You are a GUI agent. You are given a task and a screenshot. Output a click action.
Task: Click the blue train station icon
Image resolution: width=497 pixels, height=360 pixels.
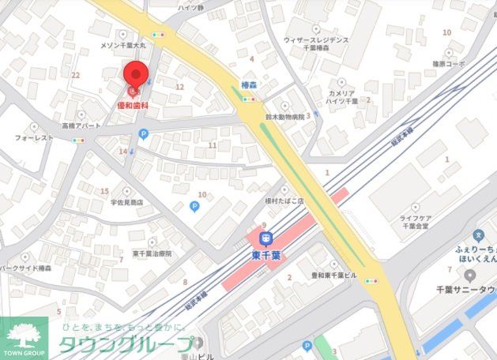pyautogui.click(x=267, y=236)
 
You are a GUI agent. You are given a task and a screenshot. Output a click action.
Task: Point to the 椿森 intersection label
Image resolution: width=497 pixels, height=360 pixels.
pyautogui.click(x=249, y=84)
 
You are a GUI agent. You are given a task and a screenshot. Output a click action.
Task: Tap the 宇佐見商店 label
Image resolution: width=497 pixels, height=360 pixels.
pyautogui.click(x=126, y=202)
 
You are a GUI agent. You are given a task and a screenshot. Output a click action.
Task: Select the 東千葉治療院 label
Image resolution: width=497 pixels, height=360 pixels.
pyautogui.click(x=152, y=253)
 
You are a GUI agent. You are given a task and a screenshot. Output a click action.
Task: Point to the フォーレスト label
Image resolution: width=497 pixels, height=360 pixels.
pyautogui.click(x=34, y=137)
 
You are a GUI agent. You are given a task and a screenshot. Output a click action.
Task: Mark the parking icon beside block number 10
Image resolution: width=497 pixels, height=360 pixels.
pyautogui.click(x=194, y=207)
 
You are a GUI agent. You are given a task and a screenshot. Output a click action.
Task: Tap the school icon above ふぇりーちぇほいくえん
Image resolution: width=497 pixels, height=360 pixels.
pyautogui.click(x=478, y=234)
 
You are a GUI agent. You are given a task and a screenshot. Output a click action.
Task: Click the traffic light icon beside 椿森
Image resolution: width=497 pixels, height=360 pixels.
pyautogui.click(x=249, y=99)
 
